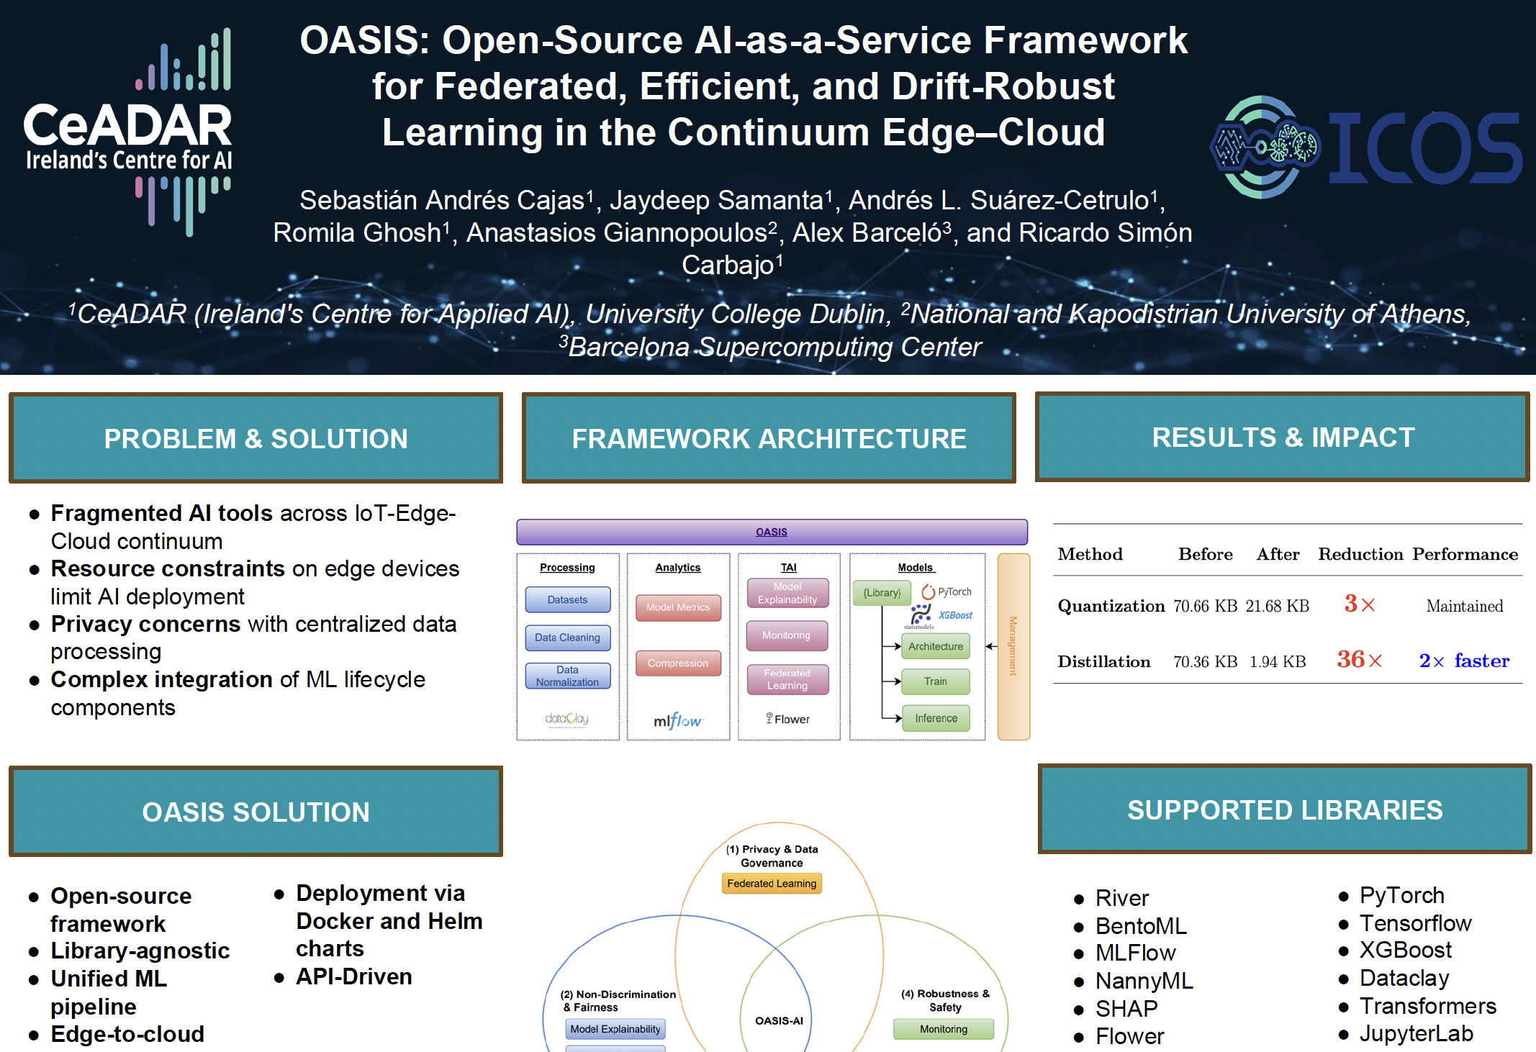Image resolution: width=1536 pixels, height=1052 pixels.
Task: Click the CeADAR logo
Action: (127, 132)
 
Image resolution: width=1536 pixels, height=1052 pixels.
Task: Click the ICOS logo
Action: (1366, 147)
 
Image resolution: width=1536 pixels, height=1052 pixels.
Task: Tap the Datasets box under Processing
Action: (568, 599)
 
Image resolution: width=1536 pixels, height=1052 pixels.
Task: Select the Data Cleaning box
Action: (568, 638)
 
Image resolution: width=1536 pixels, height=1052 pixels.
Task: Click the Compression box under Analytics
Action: (678, 663)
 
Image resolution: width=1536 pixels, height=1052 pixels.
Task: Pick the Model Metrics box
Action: (678, 607)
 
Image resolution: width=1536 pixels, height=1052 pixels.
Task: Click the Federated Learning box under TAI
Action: (787, 679)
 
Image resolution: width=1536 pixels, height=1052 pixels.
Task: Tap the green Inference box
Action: (936, 718)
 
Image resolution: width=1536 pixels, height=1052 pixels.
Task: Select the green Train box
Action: (936, 681)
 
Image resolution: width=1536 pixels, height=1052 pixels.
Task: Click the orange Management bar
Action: (1013, 646)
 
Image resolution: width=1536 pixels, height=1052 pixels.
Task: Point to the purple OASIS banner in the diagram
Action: (772, 532)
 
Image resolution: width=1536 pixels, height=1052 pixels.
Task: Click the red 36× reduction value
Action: (1359, 659)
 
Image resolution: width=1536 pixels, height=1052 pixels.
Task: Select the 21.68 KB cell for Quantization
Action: (1278, 606)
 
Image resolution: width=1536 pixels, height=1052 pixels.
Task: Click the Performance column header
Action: (1465, 554)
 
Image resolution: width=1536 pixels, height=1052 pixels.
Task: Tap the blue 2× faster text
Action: (1464, 660)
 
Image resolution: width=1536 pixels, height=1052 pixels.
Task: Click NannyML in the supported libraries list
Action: (1144, 981)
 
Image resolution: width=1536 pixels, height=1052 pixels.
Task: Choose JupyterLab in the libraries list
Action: (1416, 1034)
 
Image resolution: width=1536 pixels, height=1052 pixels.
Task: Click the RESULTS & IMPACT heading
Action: (1283, 437)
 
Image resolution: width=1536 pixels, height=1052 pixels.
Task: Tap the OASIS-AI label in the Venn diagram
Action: (779, 1020)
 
